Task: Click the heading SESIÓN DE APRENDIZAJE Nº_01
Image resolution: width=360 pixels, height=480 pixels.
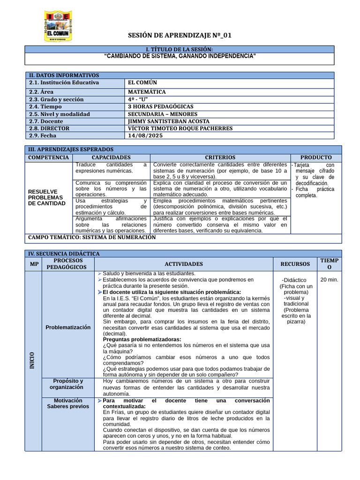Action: tap(180, 36)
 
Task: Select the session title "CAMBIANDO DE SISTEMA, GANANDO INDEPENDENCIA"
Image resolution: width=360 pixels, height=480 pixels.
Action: tap(180, 56)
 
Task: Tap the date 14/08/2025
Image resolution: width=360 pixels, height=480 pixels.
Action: tap(143, 135)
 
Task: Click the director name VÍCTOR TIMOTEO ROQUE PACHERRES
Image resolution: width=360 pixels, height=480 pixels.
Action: tap(180, 128)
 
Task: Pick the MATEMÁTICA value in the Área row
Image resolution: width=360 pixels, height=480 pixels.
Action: tap(147, 92)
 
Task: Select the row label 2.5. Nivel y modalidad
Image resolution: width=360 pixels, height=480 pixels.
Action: tap(60, 114)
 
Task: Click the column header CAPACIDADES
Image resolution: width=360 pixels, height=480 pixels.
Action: tap(111, 157)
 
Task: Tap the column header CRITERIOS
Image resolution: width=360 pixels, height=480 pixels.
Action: tap(220, 157)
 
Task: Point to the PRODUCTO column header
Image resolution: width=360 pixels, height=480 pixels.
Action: tap(316, 157)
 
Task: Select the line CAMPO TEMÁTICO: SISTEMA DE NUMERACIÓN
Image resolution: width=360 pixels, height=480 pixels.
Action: tap(92, 237)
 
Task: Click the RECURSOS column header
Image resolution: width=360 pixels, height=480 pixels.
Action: tap(295, 264)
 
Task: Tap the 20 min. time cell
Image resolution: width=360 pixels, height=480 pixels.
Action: tap(329, 280)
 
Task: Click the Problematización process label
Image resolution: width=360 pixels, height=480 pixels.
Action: tap(68, 327)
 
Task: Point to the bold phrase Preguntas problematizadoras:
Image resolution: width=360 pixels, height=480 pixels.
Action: tap(142, 339)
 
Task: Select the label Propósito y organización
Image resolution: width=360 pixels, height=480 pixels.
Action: tap(68, 384)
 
